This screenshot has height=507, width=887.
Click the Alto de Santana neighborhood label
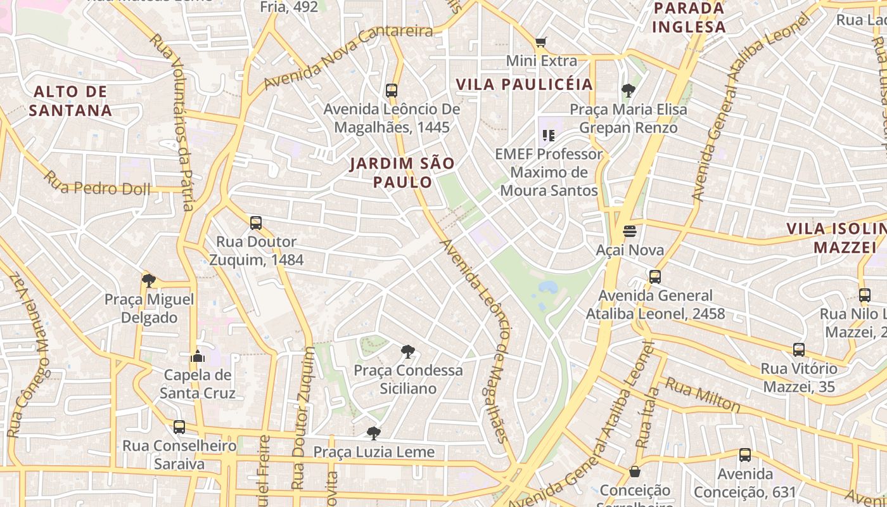70,101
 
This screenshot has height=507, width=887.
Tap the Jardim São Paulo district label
402,172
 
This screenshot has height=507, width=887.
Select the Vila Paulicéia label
524,84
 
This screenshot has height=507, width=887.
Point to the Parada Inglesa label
688,18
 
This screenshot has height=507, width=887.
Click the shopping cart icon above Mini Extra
540,42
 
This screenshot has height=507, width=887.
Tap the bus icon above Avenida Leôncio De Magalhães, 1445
392,90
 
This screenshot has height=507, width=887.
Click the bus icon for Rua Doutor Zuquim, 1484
256,223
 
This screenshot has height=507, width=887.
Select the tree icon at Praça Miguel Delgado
149,280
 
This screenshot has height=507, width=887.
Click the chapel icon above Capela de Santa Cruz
198,356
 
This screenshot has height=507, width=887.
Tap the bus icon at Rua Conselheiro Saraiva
179,427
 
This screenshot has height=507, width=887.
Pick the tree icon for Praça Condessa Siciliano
408,351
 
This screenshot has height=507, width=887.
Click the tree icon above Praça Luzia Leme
374,433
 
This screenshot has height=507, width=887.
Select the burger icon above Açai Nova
629,231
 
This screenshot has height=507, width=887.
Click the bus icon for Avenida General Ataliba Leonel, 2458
654,277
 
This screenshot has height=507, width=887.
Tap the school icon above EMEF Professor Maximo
549,135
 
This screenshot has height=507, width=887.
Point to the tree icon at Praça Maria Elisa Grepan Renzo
628,91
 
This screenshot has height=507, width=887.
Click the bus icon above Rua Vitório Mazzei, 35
799,350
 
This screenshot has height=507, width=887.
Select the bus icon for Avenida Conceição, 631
745,455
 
